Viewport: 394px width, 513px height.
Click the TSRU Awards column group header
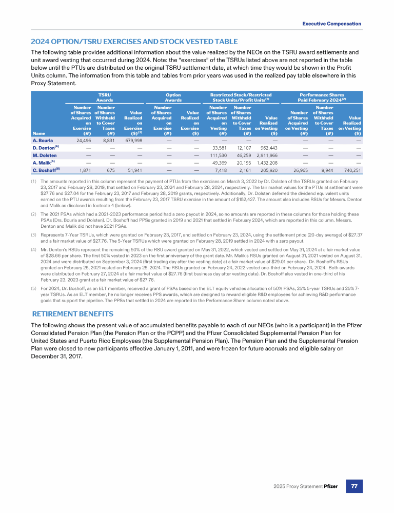105,97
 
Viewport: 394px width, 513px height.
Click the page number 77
354,485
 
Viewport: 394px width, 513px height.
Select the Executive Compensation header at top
331,24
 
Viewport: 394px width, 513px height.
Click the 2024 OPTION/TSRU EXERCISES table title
134,42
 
